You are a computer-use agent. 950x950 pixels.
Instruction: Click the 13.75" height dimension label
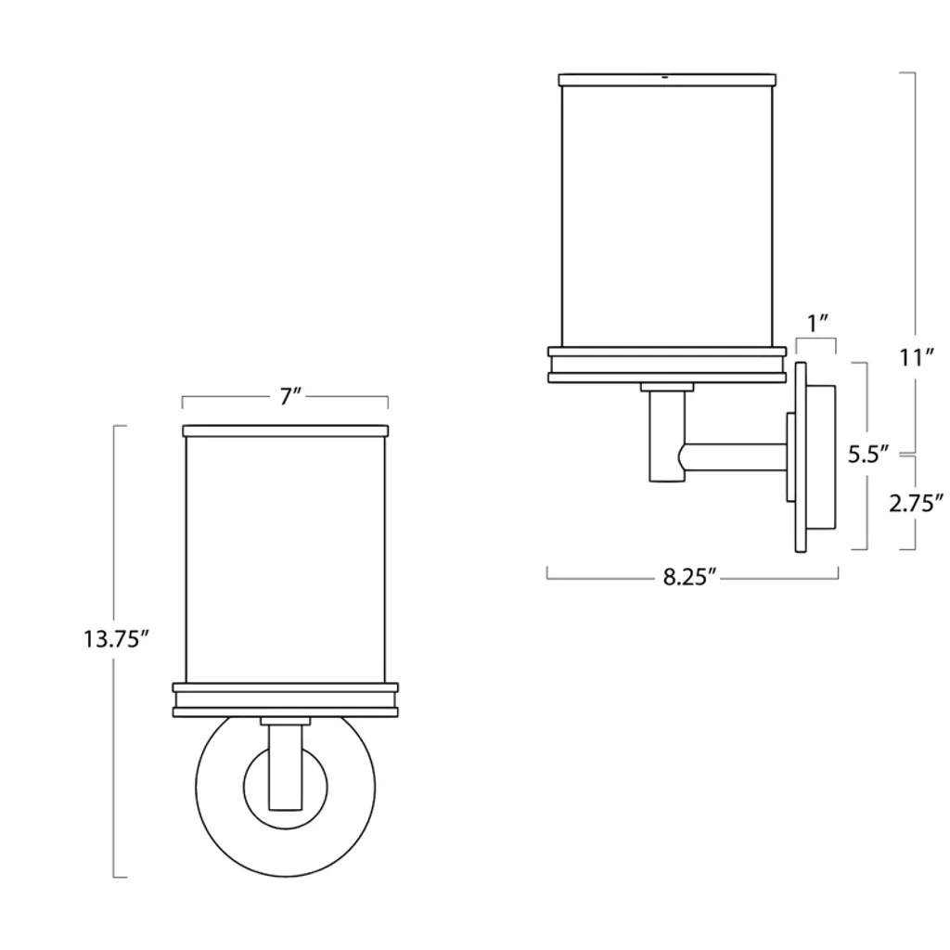(x=116, y=639)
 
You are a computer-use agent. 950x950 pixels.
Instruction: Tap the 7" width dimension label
(x=290, y=397)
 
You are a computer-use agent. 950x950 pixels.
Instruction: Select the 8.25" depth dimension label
(x=690, y=577)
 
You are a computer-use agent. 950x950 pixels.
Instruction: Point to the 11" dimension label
(x=916, y=357)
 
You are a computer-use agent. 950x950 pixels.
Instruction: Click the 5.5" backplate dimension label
(x=868, y=454)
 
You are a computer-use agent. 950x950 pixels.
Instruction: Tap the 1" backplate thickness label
(x=817, y=323)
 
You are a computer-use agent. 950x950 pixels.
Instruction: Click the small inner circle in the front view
(x=286, y=788)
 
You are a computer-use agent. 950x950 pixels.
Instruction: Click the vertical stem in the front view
(x=286, y=767)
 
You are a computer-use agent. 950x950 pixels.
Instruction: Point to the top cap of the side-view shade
(x=667, y=80)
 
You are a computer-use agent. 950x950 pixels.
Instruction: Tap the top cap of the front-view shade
(x=286, y=430)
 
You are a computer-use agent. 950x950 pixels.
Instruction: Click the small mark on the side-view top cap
(x=665, y=78)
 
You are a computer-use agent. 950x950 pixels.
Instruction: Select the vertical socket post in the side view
(x=667, y=436)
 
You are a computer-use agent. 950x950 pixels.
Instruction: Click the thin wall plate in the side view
(x=801, y=456)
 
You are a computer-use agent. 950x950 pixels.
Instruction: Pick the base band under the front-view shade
(x=286, y=700)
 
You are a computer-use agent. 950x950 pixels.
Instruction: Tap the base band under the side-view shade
(x=667, y=365)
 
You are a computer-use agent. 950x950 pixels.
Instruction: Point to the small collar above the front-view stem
(x=286, y=722)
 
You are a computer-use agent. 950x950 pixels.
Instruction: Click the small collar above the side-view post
(x=667, y=387)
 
